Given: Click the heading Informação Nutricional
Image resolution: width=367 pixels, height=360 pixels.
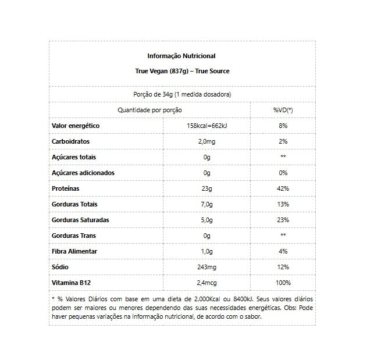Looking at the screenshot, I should click(x=181, y=56).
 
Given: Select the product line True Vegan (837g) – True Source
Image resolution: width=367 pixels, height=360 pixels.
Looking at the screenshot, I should click(x=181, y=72).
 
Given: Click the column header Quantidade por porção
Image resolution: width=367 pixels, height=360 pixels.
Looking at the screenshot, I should click(x=149, y=110).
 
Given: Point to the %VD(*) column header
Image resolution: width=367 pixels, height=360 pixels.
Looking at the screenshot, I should click(x=283, y=110).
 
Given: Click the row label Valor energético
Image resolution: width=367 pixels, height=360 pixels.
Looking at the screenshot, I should click(x=76, y=126).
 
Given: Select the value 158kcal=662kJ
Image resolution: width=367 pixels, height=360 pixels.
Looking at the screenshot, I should click(x=206, y=126).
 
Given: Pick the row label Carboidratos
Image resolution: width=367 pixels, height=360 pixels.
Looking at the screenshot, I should click(x=71, y=141).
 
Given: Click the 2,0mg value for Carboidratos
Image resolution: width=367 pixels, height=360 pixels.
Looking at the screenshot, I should click(x=206, y=141).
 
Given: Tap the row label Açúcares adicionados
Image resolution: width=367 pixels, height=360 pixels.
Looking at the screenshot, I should click(x=83, y=173).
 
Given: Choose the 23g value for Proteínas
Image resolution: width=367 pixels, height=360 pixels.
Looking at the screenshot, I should click(x=206, y=188).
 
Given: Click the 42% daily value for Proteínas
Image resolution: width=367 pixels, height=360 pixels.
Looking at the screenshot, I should click(x=283, y=188).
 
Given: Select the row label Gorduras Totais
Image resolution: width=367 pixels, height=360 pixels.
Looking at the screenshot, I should click(x=75, y=204).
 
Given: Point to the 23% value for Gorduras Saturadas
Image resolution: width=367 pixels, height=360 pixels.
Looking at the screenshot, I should click(x=283, y=220).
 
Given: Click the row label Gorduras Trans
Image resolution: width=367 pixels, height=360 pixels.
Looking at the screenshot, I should click(x=74, y=236).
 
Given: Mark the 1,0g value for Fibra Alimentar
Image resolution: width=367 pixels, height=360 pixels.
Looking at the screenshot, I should click(x=206, y=251).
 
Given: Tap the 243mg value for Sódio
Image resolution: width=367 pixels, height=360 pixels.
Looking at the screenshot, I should click(x=206, y=267).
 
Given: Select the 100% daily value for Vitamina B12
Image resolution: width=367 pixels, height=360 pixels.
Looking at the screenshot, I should click(x=283, y=283).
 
